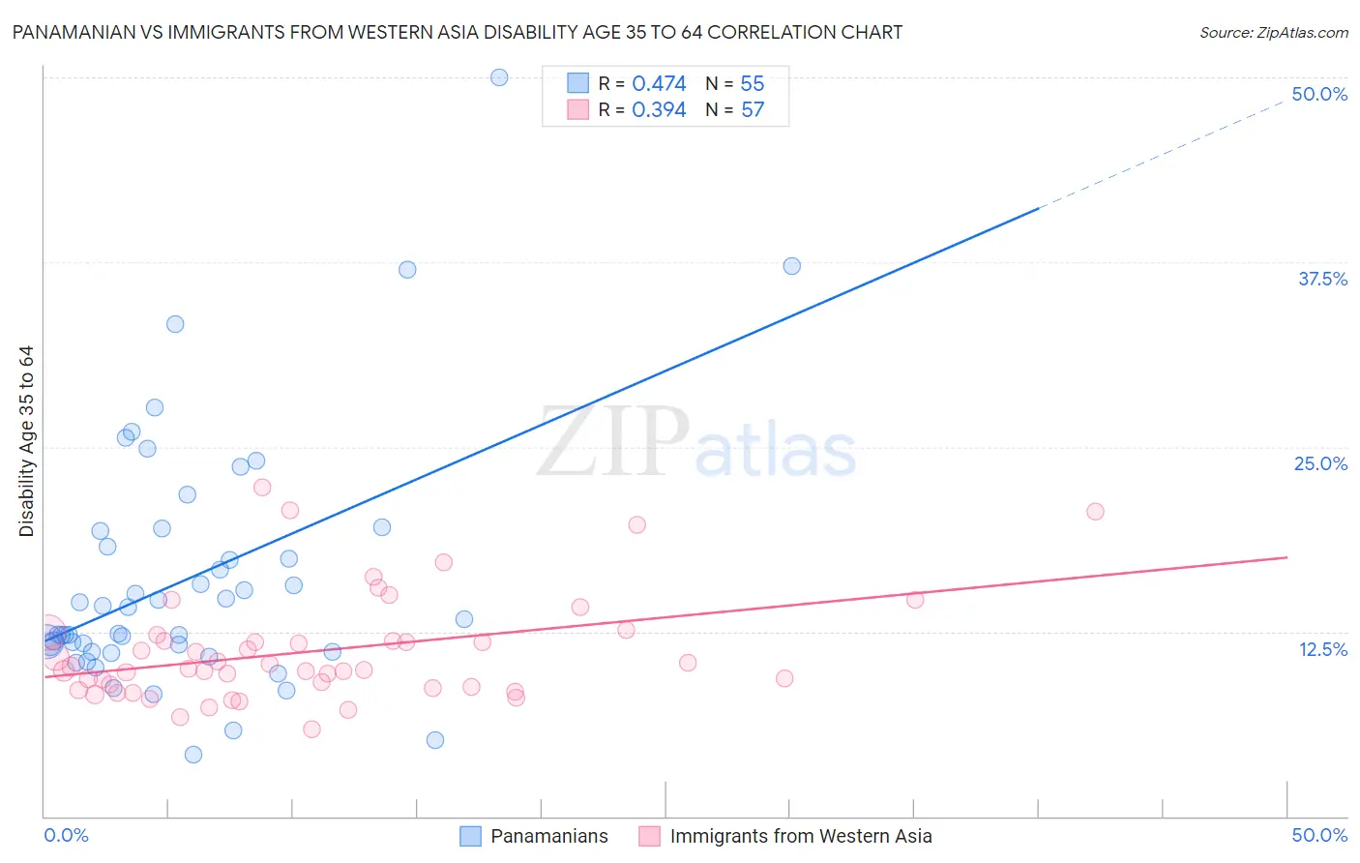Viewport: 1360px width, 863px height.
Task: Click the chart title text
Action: (x=458, y=32)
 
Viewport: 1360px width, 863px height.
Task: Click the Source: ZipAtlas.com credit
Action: (x=1273, y=32)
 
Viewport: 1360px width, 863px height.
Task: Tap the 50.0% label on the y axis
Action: (x=1319, y=94)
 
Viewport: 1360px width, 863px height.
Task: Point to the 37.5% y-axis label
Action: (x=1322, y=279)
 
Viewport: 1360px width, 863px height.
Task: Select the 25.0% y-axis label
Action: (x=1320, y=463)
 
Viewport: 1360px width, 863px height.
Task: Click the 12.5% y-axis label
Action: (x=1322, y=649)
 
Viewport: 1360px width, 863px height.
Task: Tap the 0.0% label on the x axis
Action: (x=66, y=835)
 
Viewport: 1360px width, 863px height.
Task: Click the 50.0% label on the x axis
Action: (x=1319, y=835)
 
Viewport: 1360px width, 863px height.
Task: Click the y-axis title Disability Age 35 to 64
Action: (x=26, y=441)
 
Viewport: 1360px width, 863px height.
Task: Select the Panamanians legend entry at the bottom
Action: (x=548, y=836)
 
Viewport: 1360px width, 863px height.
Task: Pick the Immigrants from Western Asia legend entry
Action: (x=800, y=836)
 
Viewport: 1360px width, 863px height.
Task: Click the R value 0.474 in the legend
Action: (x=659, y=84)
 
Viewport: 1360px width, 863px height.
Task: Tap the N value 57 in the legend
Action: (x=753, y=110)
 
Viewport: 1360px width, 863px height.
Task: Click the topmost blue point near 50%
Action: (x=499, y=77)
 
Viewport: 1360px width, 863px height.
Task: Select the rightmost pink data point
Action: (x=1095, y=512)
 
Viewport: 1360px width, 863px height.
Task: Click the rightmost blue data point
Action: (x=791, y=266)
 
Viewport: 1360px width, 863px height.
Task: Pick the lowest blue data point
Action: (x=193, y=755)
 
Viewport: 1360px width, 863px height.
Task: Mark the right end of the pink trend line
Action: (x=1286, y=557)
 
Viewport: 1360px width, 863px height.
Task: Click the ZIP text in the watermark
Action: (x=613, y=442)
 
